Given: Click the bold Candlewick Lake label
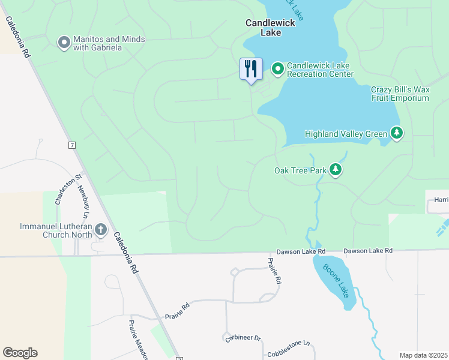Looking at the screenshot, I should pos(263,28).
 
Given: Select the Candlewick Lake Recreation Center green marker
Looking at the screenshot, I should pos(278,70).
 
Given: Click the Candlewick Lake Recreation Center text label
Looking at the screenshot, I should pos(320,70).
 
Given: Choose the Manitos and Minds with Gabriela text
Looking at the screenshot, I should pos(109,43).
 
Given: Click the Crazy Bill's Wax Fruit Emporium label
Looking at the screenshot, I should pos(400,94).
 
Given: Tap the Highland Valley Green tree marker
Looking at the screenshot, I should pos(396,133).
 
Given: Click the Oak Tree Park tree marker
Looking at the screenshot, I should pos(336,171).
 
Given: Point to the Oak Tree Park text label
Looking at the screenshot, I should pos(300,171).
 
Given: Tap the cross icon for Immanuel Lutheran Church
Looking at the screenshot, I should pos(100,230).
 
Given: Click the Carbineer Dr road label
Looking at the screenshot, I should pos(243,338).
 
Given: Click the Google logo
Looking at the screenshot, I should pos(20,353).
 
